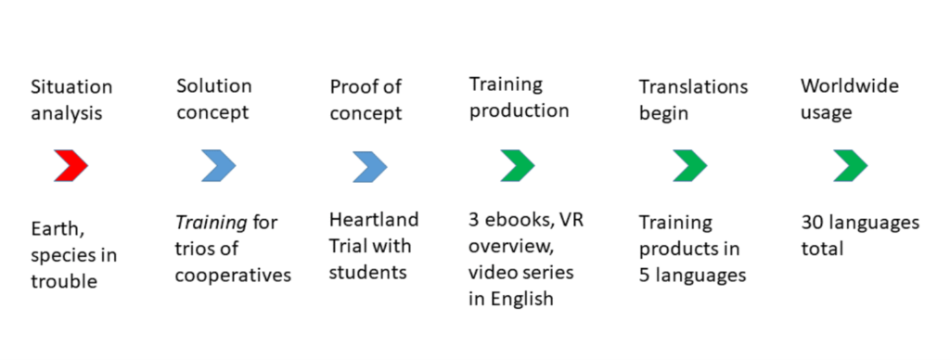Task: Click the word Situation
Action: [71, 86]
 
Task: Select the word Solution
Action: [214, 86]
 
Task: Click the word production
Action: [520, 112]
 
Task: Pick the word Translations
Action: [694, 86]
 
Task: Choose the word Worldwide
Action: [850, 86]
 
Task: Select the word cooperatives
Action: [233, 276]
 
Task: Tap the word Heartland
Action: [374, 219]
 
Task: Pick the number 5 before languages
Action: [645, 276]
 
